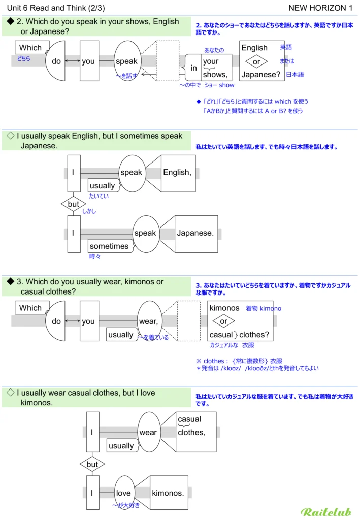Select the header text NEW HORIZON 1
(320, 8)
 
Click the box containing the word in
(193, 68)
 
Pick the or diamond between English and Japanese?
(256, 61)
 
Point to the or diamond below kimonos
(223, 321)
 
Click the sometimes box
(109, 246)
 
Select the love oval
(124, 493)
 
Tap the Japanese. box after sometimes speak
(195, 234)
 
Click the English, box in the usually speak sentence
(178, 173)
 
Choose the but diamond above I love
(92, 464)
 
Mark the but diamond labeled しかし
(74, 204)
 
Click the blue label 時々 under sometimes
(95, 257)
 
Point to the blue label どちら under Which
(24, 59)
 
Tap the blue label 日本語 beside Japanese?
(294, 75)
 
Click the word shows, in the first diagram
(215, 75)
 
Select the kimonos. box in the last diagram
(168, 493)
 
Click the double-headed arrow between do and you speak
(73, 61)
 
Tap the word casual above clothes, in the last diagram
(189, 419)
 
